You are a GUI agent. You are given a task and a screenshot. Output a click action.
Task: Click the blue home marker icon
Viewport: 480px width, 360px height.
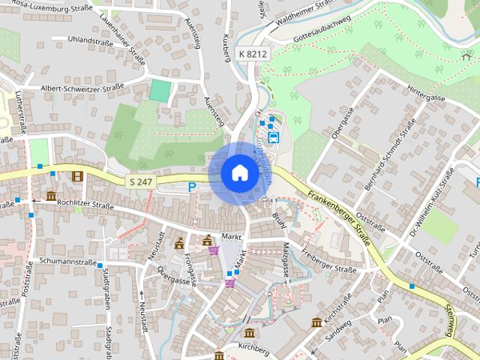tap(239, 173)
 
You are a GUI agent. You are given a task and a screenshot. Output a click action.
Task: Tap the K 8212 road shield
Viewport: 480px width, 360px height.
tap(251, 55)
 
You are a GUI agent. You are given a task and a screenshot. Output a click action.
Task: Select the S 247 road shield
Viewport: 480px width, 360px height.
tap(140, 181)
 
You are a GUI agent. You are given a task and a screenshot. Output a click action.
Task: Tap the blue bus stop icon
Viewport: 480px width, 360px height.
tap(274, 137)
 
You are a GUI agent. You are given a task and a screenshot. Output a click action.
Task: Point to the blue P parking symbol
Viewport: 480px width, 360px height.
tap(193, 187)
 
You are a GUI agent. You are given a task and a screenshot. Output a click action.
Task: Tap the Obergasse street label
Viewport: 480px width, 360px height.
tap(342, 123)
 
